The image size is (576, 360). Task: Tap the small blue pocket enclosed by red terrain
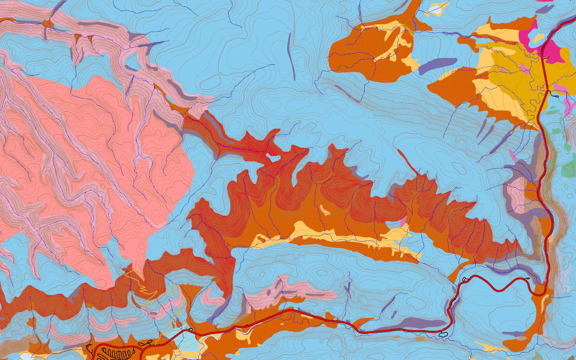tap(274, 157)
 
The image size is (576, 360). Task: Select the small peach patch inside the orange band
tap(324, 210)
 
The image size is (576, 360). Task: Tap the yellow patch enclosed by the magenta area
tap(539, 37)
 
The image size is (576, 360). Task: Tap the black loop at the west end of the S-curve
tap(464, 279)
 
